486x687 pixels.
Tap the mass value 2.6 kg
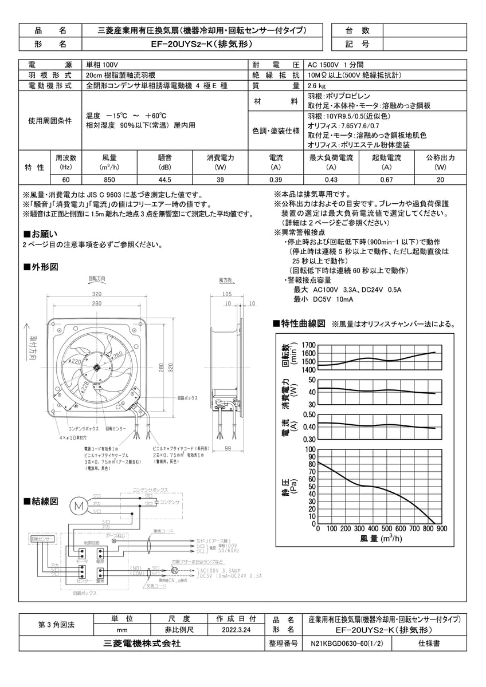[316, 85]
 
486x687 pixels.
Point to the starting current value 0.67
[386, 179]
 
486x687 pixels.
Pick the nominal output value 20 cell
[440, 179]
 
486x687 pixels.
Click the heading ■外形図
[40, 267]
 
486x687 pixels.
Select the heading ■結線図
[40, 501]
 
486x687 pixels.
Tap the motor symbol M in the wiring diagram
[79, 505]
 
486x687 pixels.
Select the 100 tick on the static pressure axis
[310, 449]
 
